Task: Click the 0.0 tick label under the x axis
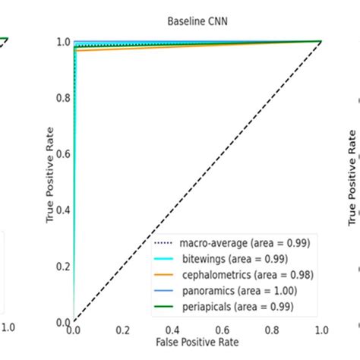click(74, 332)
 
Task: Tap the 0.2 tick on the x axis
click(123, 332)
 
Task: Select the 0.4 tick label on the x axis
click(172, 332)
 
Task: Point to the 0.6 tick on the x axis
click(223, 332)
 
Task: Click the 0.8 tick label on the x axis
click(272, 332)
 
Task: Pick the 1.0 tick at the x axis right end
click(321, 332)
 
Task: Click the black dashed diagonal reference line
click(197, 182)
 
